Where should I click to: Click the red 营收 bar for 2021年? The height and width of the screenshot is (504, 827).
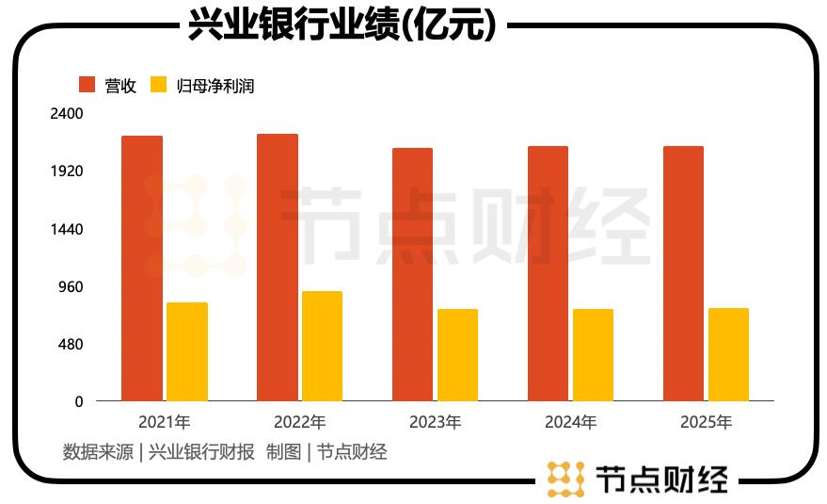142,268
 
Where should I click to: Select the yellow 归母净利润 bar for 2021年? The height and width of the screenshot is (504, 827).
187,351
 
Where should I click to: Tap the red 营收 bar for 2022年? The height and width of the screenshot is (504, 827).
278,268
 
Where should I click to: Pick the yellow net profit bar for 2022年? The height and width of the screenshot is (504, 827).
322,346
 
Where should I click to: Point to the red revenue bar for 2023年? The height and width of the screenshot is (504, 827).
413,274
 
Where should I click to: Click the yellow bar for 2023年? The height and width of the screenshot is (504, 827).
457,355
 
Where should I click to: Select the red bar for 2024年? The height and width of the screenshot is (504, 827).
548,273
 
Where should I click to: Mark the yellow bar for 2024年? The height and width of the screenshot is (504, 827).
593,355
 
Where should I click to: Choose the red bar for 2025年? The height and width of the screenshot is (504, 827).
683,273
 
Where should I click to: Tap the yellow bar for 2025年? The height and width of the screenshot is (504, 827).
728,354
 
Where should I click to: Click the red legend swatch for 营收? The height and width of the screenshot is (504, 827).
87,85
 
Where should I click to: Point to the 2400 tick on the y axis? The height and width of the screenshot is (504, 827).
66,114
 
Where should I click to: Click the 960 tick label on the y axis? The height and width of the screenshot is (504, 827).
72,287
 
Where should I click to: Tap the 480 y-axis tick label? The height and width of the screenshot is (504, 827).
72,345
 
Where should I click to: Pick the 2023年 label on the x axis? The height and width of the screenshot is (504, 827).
435,422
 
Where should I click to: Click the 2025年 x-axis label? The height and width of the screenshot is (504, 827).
706,422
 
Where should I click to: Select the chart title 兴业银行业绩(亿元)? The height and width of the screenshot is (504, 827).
342,25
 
